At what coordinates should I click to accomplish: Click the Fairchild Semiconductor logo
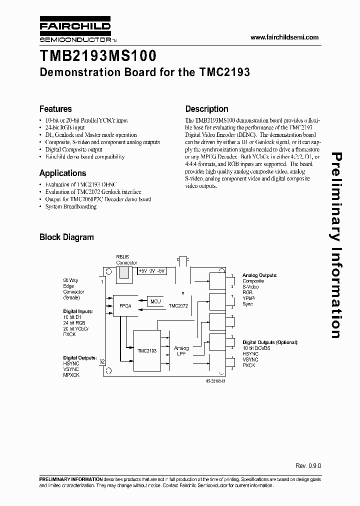(x=74, y=31)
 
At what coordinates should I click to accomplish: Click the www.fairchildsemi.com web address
(x=284, y=37)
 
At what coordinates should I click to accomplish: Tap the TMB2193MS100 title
(x=98, y=55)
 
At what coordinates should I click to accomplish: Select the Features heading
(x=55, y=109)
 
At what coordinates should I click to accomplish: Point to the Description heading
(x=206, y=109)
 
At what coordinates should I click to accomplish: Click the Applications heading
(x=62, y=173)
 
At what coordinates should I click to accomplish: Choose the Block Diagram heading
(x=66, y=237)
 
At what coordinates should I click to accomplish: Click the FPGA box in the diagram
(x=125, y=306)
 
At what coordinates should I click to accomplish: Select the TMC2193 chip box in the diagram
(x=146, y=350)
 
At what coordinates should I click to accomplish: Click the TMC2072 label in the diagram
(x=178, y=305)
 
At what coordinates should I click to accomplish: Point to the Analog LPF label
(x=180, y=350)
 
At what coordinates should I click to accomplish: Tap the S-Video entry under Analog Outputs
(x=251, y=287)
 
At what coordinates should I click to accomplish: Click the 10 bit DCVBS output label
(x=256, y=348)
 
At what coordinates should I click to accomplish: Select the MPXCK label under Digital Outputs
(x=71, y=375)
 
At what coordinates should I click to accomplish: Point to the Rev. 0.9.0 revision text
(x=308, y=465)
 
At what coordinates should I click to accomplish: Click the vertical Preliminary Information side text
(x=335, y=245)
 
